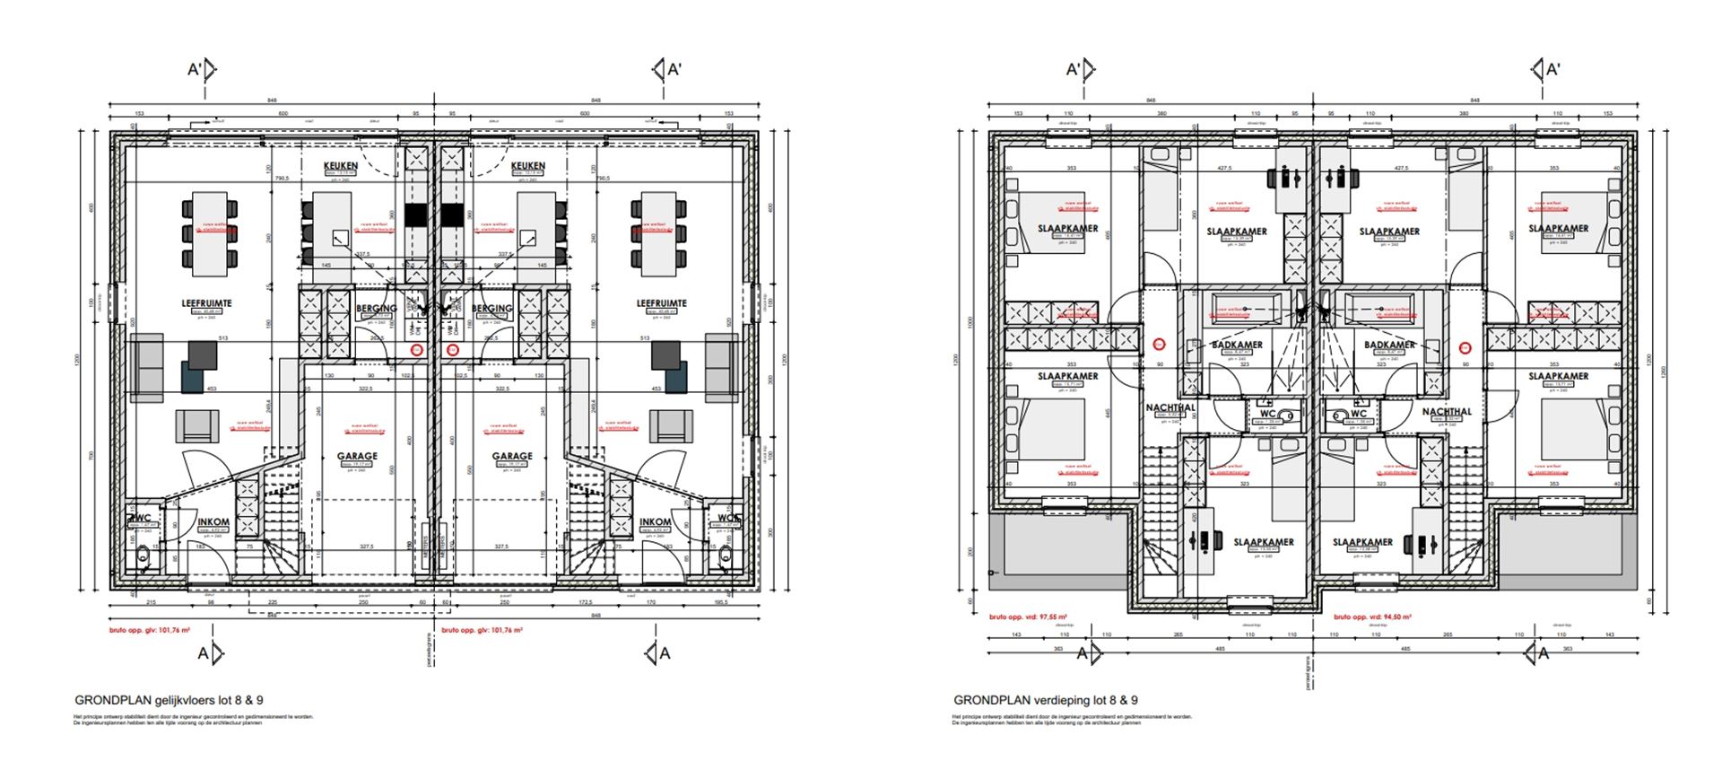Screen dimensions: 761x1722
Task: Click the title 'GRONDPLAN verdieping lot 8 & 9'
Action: point(1046,700)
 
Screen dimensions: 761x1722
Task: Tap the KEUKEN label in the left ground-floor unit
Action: point(341,166)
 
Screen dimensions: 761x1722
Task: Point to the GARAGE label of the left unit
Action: point(357,456)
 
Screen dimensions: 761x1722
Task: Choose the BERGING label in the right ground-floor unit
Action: point(491,308)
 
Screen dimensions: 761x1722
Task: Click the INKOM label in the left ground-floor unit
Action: point(213,522)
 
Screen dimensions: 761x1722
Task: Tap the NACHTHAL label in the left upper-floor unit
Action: point(1170,408)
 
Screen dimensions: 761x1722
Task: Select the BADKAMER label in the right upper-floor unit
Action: point(1389,345)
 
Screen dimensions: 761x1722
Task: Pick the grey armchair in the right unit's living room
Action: point(671,426)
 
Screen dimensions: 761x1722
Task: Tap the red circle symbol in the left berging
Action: point(416,349)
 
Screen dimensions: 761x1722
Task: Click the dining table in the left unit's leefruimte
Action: point(212,233)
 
